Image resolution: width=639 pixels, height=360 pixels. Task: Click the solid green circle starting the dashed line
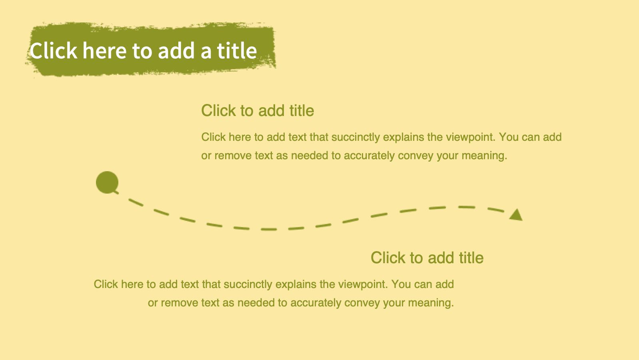coord(107,182)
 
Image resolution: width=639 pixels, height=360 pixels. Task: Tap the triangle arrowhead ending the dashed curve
coord(516,215)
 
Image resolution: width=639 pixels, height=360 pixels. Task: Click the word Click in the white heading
coord(53,50)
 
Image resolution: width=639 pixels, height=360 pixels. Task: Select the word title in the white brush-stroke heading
coord(237,50)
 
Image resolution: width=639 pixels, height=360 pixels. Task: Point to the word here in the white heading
coord(104,50)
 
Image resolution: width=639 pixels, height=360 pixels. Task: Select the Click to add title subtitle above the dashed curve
coord(258,111)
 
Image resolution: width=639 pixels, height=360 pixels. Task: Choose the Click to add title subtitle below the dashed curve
coord(427,258)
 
